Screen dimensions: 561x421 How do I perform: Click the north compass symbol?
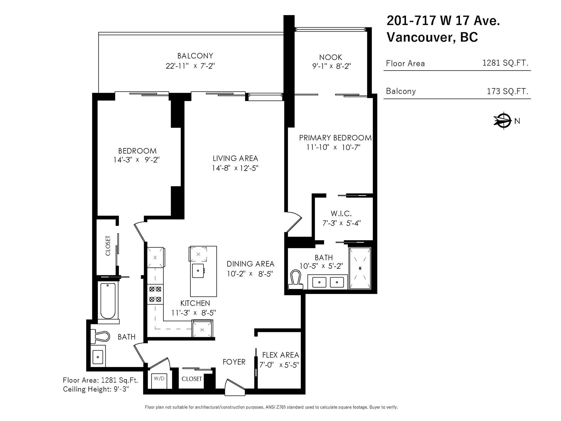[502, 120]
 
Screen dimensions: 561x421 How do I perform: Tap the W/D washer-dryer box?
[159, 381]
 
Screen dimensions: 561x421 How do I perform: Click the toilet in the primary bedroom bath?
[296, 280]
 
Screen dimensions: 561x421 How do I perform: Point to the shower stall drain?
[360, 268]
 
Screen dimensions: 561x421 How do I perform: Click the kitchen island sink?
[198, 270]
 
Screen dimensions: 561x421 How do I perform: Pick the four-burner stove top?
[155, 294]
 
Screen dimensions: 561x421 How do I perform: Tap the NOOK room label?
[331, 57]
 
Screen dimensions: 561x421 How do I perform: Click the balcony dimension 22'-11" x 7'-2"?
[190, 66]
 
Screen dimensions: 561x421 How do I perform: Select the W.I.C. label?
[341, 213]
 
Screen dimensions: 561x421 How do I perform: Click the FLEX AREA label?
[280, 355]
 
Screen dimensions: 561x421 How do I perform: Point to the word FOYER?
[234, 362]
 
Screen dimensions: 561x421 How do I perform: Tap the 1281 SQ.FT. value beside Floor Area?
[505, 63]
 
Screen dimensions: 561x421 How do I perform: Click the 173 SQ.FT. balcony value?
[507, 91]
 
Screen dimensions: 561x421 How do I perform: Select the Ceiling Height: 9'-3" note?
[96, 389]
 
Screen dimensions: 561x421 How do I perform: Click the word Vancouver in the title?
[420, 37]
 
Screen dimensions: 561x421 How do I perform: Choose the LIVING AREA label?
[235, 159]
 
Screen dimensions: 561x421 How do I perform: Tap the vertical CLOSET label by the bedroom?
[108, 246]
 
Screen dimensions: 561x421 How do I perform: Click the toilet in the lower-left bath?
[100, 336]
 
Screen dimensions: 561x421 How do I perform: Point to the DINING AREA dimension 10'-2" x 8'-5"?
[250, 274]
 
